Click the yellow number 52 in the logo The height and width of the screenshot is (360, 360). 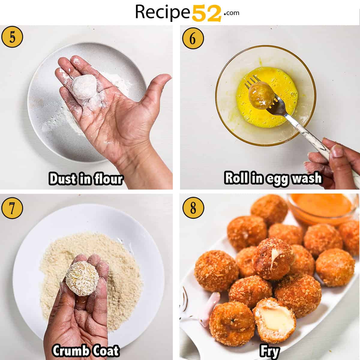click(x=206, y=13)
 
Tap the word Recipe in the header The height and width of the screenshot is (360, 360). click(x=163, y=12)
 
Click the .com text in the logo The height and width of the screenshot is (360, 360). click(x=231, y=13)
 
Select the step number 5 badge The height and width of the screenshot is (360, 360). click(x=12, y=37)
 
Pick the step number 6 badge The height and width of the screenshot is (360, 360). click(x=193, y=38)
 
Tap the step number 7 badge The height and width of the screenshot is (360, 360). click(x=12, y=208)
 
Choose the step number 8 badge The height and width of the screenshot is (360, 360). click(x=193, y=208)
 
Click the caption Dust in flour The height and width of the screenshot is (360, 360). click(x=86, y=179)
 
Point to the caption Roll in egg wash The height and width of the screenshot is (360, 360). click(x=273, y=178)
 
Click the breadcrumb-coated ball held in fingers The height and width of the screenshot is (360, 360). click(x=82, y=279)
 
